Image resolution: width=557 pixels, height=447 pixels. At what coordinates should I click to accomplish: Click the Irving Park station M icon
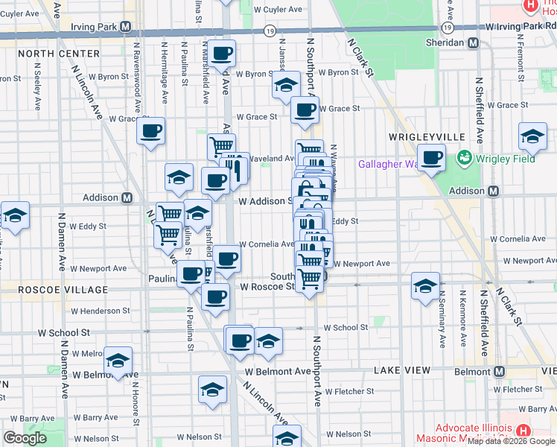(x=126, y=28)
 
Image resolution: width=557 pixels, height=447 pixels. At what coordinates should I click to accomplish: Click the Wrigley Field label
(x=503, y=158)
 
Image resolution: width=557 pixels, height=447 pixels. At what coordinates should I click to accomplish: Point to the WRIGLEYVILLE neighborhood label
(x=427, y=137)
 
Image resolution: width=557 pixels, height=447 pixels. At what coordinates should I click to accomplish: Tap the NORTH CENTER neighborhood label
(x=59, y=54)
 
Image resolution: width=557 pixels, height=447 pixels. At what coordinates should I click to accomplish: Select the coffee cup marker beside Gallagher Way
(x=431, y=158)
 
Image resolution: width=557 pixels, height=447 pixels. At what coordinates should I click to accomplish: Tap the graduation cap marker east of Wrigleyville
(x=533, y=136)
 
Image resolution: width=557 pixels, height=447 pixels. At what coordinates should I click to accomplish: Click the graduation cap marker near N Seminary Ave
(x=425, y=287)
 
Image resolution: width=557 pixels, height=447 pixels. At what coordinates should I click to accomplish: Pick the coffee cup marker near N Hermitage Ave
(x=150, y=131)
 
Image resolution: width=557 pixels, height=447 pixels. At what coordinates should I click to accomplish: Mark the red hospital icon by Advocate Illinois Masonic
(x=523, y=431)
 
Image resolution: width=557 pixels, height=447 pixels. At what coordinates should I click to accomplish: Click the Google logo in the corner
(x=25, y=437)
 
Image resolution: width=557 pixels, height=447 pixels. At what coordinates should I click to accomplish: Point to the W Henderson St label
(x=101, y=311)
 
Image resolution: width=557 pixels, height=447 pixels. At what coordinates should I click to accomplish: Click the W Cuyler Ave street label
(x=278, y=10)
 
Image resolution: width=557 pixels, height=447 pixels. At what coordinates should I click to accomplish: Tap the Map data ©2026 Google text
(x=512, y=441)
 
